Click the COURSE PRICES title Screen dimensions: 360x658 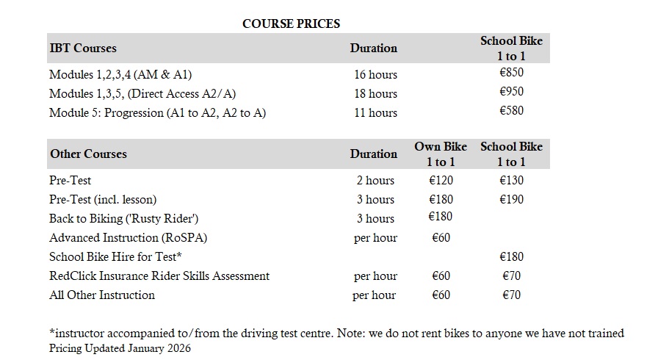(x=291, y=24)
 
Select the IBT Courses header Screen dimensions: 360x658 (x=83, y=48)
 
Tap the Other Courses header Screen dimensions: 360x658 (x=88, y=154)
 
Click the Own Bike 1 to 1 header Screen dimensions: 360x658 (x=441, y=154)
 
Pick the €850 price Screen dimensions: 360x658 (x=511, y=73)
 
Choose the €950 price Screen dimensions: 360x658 (x=511, y=92)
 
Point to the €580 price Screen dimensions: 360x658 (x=511, y=111)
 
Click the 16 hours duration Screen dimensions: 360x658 (x=375, y=74)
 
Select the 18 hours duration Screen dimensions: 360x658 (x=375, y=93)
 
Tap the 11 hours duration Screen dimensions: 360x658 (x=375, y=112)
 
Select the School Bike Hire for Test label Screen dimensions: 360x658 (x=115, y=256)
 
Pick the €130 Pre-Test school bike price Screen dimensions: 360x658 (x=511, y=180)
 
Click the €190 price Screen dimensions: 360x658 (x=511, y=199)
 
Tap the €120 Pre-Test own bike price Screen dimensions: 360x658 (x=441, y=180)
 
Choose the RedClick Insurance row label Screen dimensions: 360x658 (x=159, y=276)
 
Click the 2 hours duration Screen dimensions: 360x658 (x=375, y=180)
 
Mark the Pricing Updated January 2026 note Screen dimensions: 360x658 (x=120, y=348)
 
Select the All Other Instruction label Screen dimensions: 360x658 (x=102, y=295)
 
